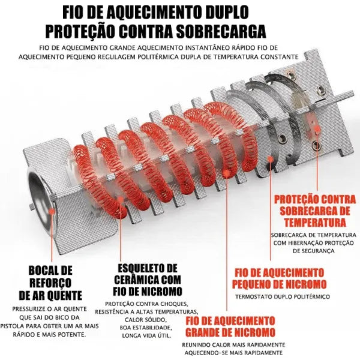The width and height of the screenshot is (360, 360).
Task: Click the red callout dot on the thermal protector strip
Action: [314, 128]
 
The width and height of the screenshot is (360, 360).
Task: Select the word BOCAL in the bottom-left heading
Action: [41, 270]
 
